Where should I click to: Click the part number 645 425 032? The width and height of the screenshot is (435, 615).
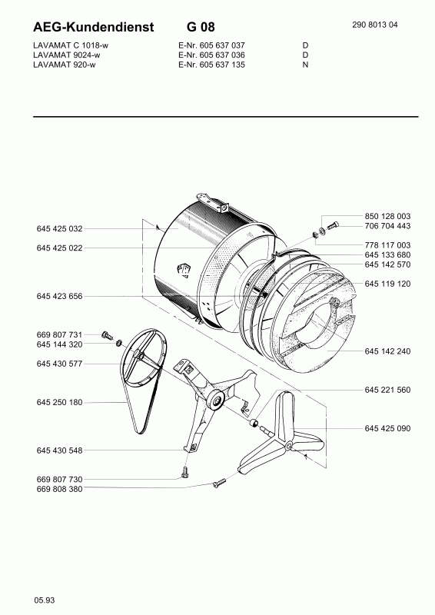pyautogui.click(x=60, y=228)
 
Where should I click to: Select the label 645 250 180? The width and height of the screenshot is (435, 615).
pyautogui.click(x=60, y=402)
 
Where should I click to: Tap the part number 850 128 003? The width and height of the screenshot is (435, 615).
pyautogui.click(x=387, y=216)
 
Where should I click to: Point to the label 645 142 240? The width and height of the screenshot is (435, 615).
pyautogui.click(x=387, y=351)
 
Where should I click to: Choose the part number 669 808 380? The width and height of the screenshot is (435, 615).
pyautogui.click(x=60, y=489)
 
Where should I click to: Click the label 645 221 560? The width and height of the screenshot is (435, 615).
pyautogui.click(x=387, y=390)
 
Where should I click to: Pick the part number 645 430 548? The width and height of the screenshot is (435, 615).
pyautogui.click(x=60, y=450)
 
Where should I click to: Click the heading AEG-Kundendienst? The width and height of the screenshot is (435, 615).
pyautogui.click(x=93, y=27)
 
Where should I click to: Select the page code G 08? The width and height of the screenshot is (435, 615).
pyautogui.click(x=201, y=27)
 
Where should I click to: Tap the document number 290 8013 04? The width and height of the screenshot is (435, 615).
pyautogui.click(x=375, y=25)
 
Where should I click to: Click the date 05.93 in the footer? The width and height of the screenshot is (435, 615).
pyautogui.click(x=45, y=600)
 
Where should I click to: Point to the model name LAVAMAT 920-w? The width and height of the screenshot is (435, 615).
pyautogui.click(x=65, y=65)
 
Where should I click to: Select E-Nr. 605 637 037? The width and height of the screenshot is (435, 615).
pyautogui.click(x=211, y=45)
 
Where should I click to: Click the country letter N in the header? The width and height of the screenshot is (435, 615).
pyautogui.click(x=306, y=65)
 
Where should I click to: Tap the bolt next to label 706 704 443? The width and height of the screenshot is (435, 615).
pyautogui.click(x=333, y=226)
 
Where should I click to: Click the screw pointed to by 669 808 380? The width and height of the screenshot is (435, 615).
pyautogui.click(x=220, y=483)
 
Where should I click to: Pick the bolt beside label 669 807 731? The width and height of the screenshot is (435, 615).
pyautogui.click(x=107, y=336)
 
